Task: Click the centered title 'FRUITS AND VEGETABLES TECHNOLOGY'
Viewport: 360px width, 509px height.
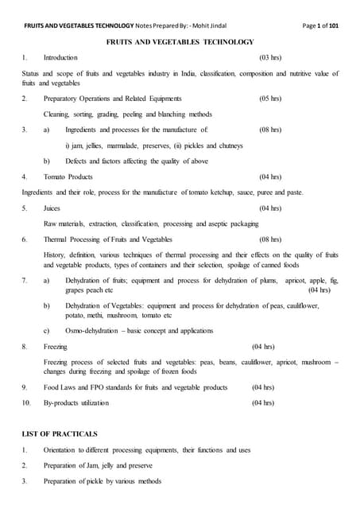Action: (180, 41)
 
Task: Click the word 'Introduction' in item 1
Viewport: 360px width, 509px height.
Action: (60, 58)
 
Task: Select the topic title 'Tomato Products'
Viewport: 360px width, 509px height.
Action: (68, 177)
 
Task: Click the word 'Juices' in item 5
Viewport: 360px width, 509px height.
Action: (52, 208)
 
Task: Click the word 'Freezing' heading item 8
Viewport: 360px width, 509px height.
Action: (56, 347)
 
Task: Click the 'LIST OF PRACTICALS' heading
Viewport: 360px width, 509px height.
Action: (60, 434)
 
